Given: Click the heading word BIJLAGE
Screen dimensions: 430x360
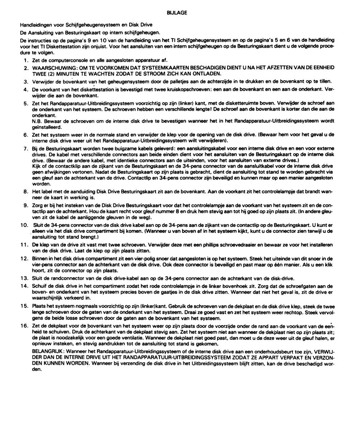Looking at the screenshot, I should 177,13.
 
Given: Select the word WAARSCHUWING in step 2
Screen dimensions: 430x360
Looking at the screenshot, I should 49,68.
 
